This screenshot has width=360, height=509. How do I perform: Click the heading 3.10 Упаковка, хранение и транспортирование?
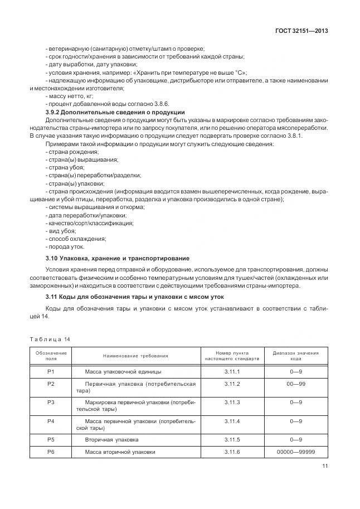point(117,258)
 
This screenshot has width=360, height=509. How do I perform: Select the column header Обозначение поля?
point(51,356)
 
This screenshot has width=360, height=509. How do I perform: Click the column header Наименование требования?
point(135,356)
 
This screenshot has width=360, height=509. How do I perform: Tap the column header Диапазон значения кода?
point(295,356)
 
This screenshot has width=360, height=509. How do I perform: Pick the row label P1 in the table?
point(51,371)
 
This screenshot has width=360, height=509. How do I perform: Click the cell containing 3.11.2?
point(231,384)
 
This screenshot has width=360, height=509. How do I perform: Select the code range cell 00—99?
point(295,384)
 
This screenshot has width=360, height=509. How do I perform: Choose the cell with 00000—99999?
point(295,452)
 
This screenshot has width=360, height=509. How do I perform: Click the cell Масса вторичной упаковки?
point(120,452)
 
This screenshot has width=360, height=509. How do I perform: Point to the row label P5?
point(51,440)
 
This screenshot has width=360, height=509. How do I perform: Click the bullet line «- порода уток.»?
point(65,246)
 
